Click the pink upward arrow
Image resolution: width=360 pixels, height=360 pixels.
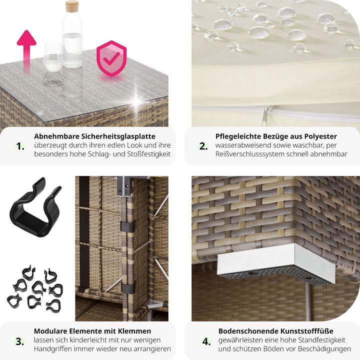pyautogui.click(x=26, y=51)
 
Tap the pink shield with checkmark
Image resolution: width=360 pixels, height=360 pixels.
pyautogui.click(x=111, y=58)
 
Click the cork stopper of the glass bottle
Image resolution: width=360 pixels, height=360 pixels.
pyautogui.click(x=72, y=6)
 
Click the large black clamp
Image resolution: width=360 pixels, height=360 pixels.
pyautogui.click(x=35, y=208)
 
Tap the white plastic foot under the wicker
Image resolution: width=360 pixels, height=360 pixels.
pyautogui.click(x=275, y=264)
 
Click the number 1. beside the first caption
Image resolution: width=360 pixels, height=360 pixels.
pyautogui.click(x=20, y=146)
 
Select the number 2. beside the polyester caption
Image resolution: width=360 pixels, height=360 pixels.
pyautogui.click(x=203, y=146)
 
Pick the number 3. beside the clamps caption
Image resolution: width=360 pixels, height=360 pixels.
pyautogui.click(x=19, y=341)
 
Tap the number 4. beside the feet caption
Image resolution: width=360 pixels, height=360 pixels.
pyautogui.click(x=206, y=341)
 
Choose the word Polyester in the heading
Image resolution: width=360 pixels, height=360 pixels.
pyautogui.click(x=320, y=136)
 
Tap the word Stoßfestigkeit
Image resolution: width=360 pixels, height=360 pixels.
pyautogui.click(x=149, y=154)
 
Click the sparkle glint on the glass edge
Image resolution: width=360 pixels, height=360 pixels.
pyautogui.click(x=137, y=100)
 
